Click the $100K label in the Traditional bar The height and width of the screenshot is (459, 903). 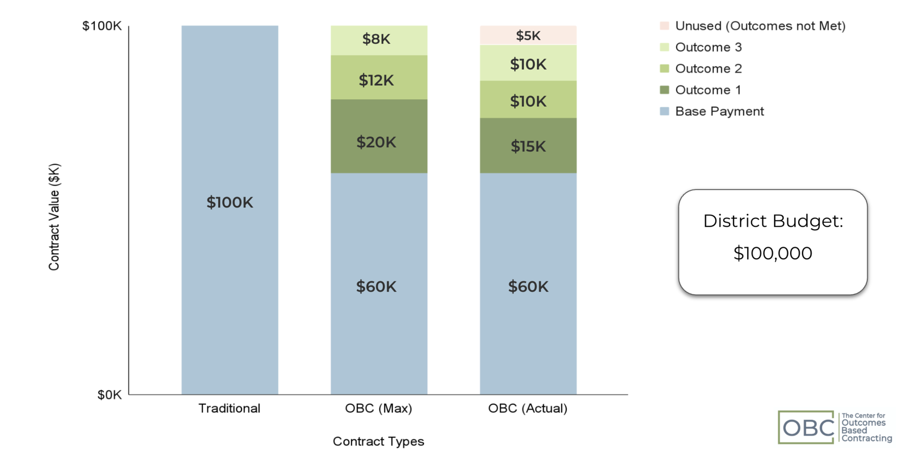[x=230, y=203]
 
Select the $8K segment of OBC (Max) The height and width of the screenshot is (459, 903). [x=379, y=40]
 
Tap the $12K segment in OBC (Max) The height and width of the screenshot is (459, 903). [x=379, y=78]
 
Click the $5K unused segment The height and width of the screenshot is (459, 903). [x=528, y=35]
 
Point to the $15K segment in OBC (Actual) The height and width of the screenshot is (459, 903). [x=528, y=146]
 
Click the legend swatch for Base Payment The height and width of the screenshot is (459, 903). [x=664, y=111]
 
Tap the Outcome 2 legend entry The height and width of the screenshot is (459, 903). [x=708, y=69]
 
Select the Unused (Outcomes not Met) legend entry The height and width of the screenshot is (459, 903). [x=760, y=26]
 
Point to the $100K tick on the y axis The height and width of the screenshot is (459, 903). [x=102, y=26]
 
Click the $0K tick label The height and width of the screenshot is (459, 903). [x=109, y=395]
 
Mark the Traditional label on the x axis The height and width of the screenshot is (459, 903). [x=230, y=408]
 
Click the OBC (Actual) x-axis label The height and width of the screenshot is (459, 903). [x=528, y=408]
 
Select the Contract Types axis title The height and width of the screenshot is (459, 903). [x=379, y=442]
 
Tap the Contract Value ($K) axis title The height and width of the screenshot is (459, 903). [x=55, y=217]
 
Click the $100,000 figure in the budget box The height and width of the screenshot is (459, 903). [x=773, y=253]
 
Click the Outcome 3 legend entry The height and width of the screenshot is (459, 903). [x=708, y=47]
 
